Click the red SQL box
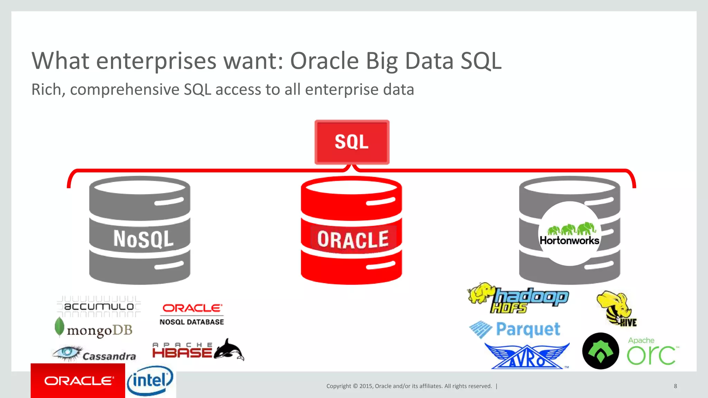(352, 142)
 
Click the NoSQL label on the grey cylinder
(143, 239)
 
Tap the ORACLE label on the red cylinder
(353, 240)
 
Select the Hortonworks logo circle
(569, 234)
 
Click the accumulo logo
(99, 306)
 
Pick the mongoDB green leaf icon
(59, 326)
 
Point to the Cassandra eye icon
(68, 352)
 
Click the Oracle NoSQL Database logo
(192, 314)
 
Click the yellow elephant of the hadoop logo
(481, 293)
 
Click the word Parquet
(528, 329)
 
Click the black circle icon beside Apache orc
(600, 351)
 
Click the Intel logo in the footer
(150, 381)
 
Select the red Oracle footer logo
(78, 381)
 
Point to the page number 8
(675, 386)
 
